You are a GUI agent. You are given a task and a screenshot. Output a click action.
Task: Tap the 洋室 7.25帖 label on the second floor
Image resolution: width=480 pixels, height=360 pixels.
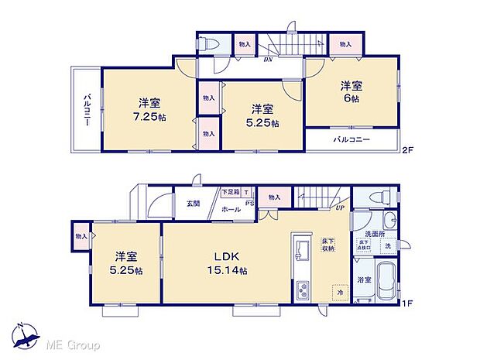coord(150,109)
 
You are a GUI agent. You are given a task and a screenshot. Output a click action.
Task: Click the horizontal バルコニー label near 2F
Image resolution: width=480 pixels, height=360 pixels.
coord(351,139)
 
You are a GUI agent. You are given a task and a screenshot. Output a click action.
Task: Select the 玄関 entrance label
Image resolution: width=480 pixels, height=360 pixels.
coord(193,204)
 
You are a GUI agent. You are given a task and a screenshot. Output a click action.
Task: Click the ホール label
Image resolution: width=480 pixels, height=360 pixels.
coord(231,209)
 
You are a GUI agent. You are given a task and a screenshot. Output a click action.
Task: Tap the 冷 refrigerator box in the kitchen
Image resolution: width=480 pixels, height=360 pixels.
coord(339,294)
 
